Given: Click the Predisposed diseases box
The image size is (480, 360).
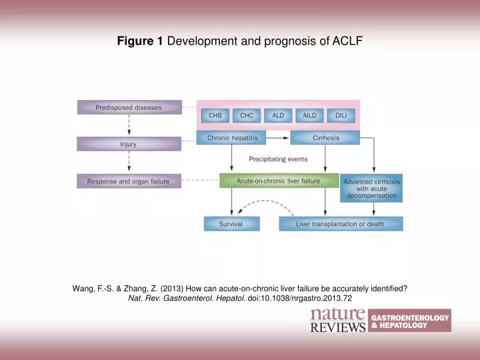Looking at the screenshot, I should click(129, 107).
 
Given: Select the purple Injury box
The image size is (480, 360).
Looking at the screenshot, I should click(129, 144).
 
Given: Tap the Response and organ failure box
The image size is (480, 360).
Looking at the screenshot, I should click(129, 181).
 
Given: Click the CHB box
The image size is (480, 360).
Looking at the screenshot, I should click(215, 115).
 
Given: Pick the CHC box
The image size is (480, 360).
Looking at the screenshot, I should click(247, 115).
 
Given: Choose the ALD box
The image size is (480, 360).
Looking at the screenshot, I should click(278, 115).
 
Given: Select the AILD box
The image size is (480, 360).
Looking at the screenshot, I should click(309, 115).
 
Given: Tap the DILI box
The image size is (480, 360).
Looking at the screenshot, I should click(341, 115).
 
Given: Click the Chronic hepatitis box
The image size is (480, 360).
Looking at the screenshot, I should click(231, 138).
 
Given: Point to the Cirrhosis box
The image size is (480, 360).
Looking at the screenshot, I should click(325, 138).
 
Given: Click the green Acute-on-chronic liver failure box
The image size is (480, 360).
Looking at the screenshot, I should click(279, 181).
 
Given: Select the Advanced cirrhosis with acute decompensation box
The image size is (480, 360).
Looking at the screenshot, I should click(371, 188).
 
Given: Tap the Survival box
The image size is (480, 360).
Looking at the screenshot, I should click(231, 224).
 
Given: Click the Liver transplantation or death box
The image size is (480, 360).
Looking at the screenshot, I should click(340, 224).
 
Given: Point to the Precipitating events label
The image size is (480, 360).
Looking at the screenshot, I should click(278, 159).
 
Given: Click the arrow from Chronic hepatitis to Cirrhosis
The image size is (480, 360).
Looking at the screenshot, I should click(278, 138).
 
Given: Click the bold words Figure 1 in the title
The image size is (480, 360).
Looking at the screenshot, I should click(140, 41).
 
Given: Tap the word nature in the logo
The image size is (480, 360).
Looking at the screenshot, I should click(338, 314).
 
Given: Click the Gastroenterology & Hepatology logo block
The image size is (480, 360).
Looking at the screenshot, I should click(409, 321).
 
